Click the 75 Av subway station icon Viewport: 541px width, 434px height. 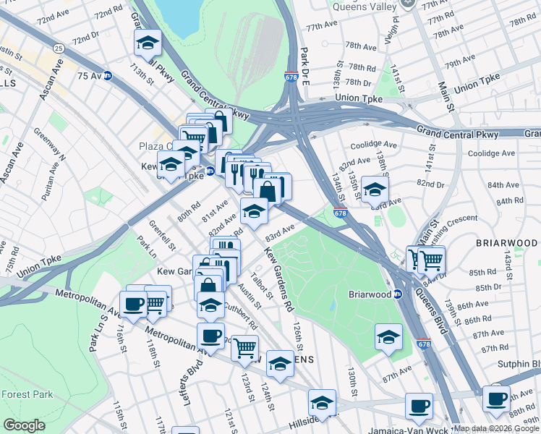[x=108, y=75]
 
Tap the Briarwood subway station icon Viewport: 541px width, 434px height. [x=397, y=294]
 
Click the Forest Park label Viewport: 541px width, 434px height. [x=27, y=394]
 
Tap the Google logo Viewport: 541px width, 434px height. [x=25, y=425]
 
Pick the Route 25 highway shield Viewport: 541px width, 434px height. [x=58, y=48]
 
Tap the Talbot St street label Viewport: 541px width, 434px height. [x=261, y=284]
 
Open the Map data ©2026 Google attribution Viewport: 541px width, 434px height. [x=496, y=428]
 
